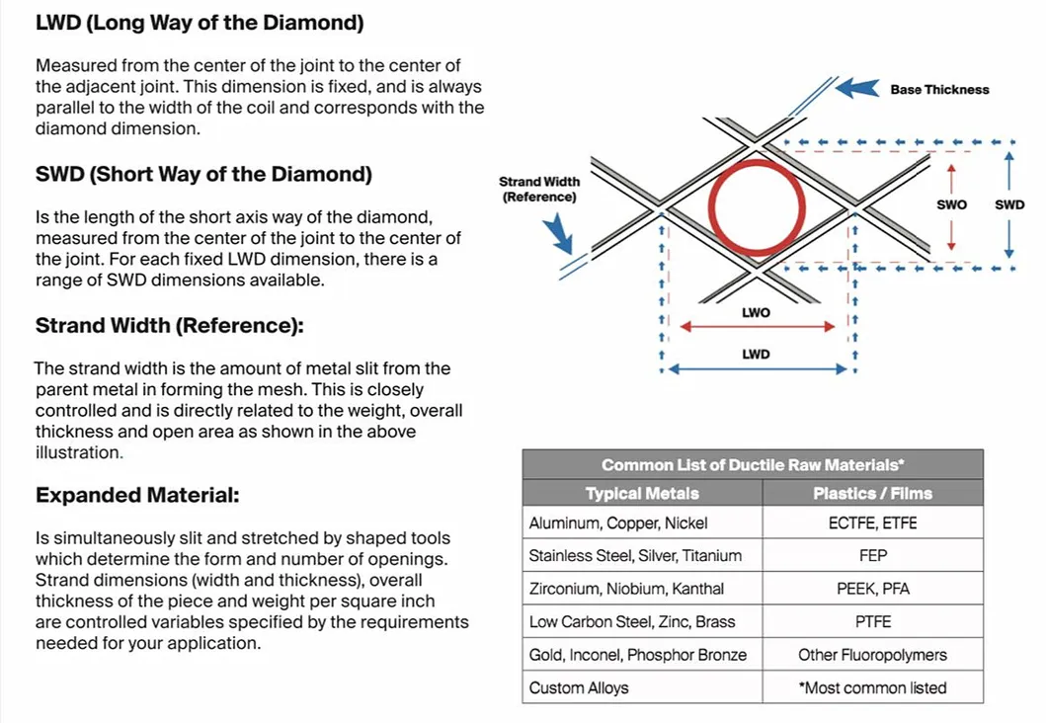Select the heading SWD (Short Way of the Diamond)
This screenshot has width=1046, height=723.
[203, 175]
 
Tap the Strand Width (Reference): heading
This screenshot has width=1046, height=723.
[169, 326]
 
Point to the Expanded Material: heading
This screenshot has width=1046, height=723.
[137, 495]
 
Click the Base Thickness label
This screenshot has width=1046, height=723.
[938, 89]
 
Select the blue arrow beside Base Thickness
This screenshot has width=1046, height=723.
[856, 88]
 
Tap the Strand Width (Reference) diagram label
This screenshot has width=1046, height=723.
[539, 189]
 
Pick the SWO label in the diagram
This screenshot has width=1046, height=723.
[951, 205]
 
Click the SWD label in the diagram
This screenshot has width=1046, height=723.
[1008, 205]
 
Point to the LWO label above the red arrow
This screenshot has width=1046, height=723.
[756, 313]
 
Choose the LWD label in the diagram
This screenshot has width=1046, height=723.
[756, 355]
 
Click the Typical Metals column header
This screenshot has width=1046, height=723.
[642, 493]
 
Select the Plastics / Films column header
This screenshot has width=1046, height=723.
[872, 493]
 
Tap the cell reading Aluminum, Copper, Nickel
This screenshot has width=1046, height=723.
[618, 523]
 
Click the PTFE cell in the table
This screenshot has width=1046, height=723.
[872, 622]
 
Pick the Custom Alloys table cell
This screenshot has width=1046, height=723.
[579, 687]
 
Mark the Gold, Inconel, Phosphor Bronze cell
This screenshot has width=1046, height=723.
[637, 655]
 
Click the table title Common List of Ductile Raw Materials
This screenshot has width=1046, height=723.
[753, 464]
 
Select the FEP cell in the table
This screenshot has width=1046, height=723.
[872, 556]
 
